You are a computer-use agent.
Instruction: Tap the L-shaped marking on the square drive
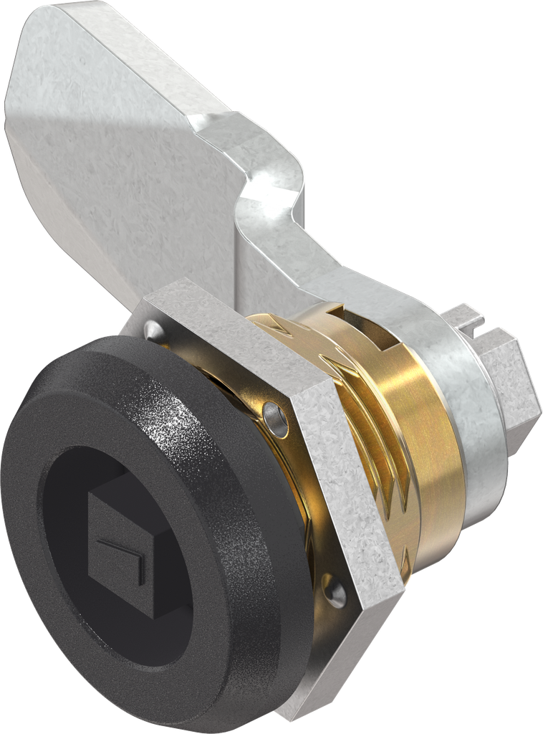tap(123, 556)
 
